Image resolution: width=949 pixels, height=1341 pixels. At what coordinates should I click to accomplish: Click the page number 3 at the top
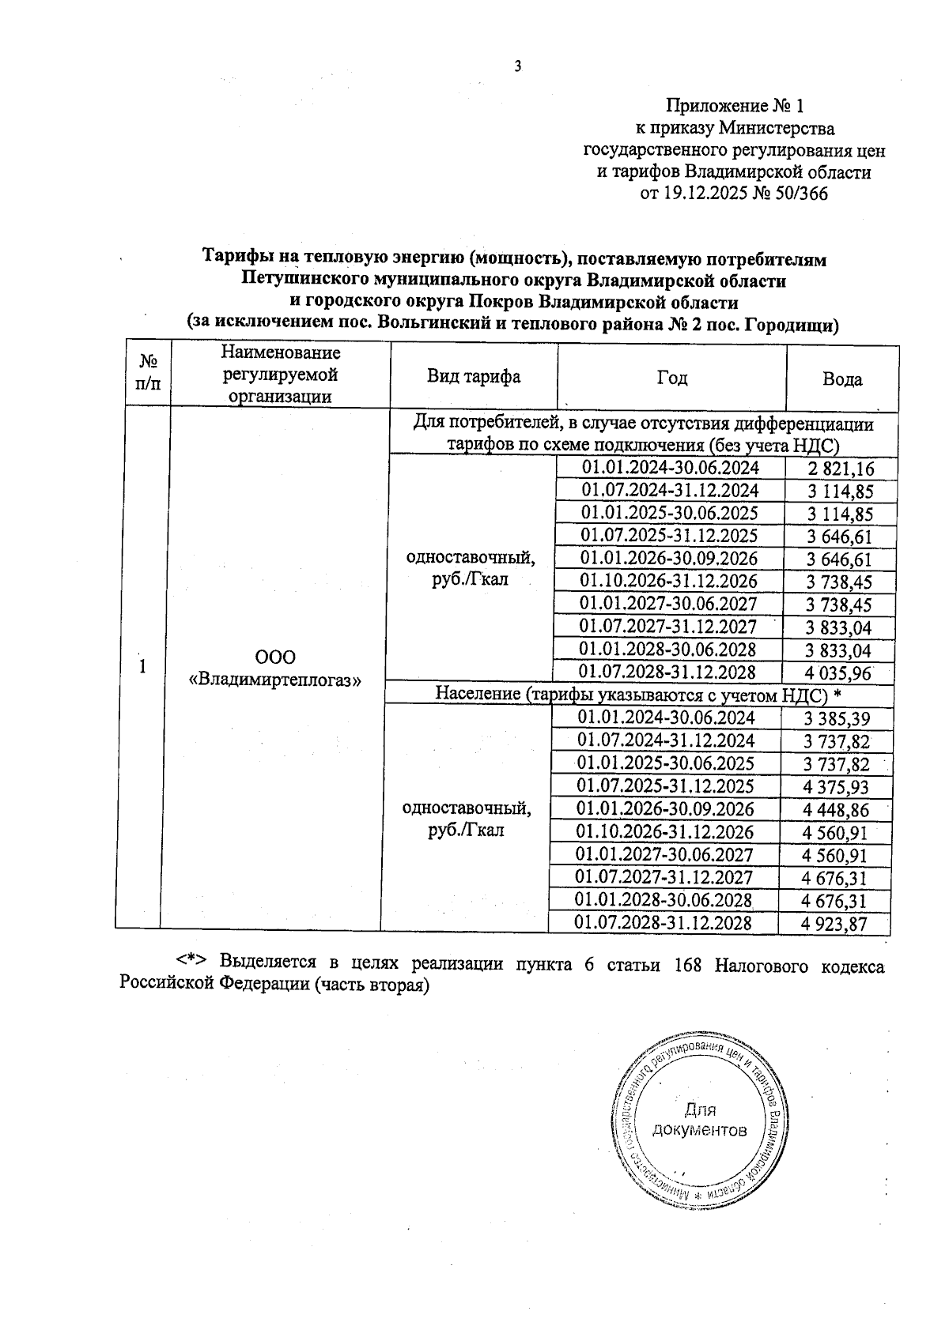[518, 67]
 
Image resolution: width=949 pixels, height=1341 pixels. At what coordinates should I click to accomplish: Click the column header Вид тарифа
[474, 377]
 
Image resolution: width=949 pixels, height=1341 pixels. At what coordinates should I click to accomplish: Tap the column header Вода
[842, 379]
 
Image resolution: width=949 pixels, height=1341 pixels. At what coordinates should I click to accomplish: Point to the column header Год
[671, 379]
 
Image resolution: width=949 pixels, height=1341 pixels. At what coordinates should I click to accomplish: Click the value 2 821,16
[841, 469]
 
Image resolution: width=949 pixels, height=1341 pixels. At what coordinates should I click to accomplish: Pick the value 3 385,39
[836, 719]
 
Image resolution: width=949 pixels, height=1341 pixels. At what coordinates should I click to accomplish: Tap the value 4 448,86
[835, 810]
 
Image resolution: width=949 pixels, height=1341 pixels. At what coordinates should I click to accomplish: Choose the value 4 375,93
[835, 787]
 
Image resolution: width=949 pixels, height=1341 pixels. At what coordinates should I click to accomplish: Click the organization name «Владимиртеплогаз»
[274, 679]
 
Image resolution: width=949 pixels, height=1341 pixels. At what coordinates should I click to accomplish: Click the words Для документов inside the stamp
[699, 1120]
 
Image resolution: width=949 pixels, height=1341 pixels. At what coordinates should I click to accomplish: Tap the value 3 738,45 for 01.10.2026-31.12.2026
[839, 582]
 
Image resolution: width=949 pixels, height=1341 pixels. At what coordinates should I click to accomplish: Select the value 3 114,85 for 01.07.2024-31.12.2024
[840, 492]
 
